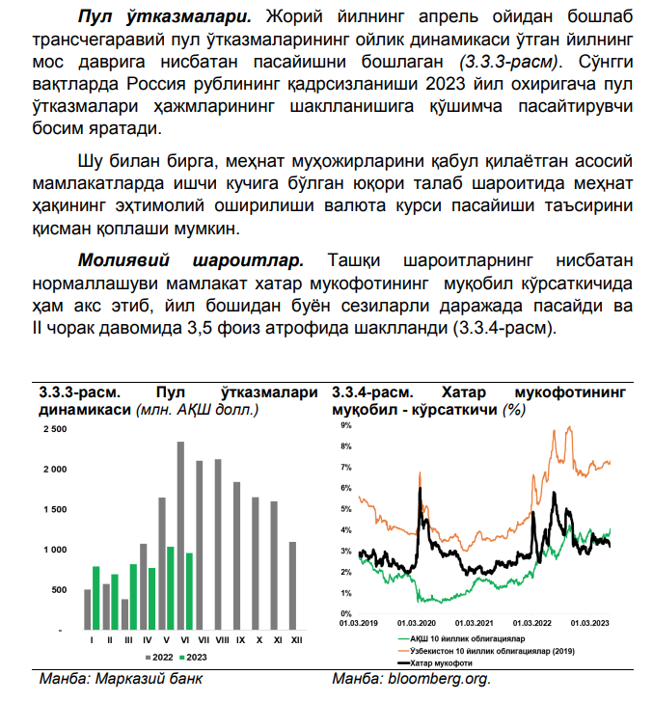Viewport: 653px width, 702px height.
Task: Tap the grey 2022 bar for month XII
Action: [x=292, y=585]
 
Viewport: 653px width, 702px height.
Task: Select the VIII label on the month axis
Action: [x=221, y=639]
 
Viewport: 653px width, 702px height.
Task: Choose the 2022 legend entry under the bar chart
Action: [x=159, y=657]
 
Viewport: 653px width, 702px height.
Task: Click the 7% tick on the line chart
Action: [x=344, y=468]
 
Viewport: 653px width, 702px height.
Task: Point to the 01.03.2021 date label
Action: [x=475, y=623]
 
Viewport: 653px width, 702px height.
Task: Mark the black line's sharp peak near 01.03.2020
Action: [x=419, y=474]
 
